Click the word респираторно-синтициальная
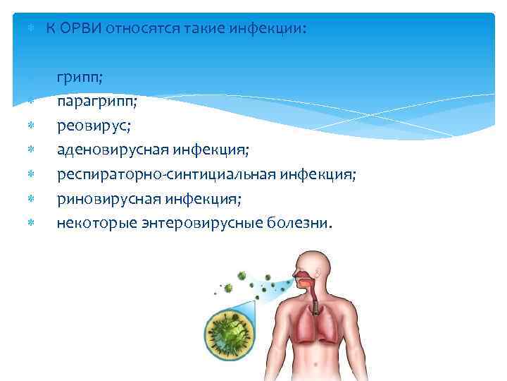[x=161, y=175]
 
